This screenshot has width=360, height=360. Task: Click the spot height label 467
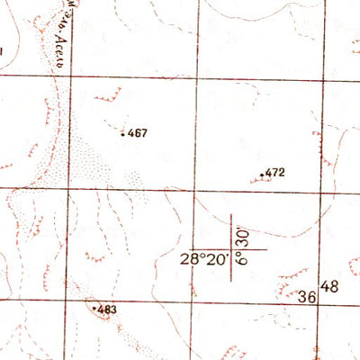pos(138,133)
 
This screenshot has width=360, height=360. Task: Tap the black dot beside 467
pos(123,134)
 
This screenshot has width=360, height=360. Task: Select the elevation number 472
pos(275,171)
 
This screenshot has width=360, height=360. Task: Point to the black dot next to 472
pos(262,174)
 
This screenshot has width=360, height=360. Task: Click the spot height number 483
pos(107,310)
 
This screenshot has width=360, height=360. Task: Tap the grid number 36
pos(306,296)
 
